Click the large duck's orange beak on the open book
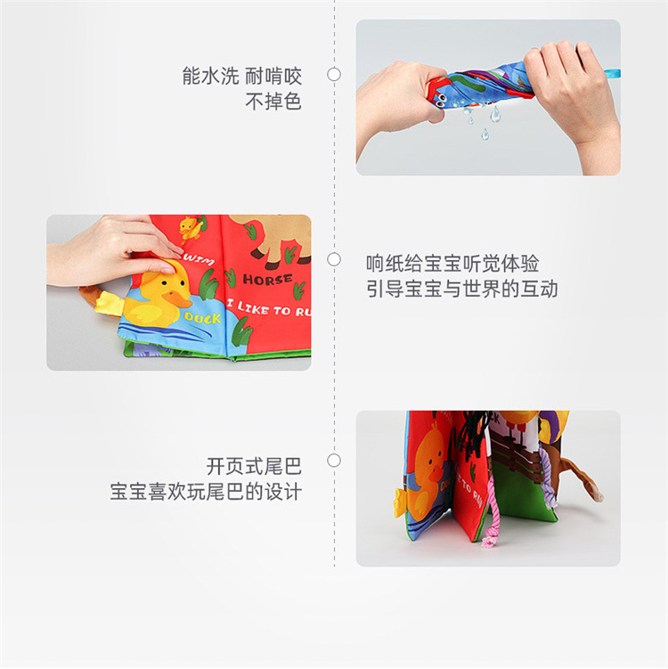(x=180, y=298)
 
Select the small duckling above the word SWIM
(x=189, y=228)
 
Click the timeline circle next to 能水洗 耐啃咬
(x=334, y=75)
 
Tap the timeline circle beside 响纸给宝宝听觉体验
(x=334, y=259)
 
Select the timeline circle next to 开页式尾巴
(x=334, y=461)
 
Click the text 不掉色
(x=273, y=102)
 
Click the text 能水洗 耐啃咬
(x=241, y=76)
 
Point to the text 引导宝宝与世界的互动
(x=461, y=290)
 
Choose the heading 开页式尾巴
(x=254, y=466)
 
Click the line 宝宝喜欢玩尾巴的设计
(x=207, y=491)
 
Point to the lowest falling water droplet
(x=485, y=135)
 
